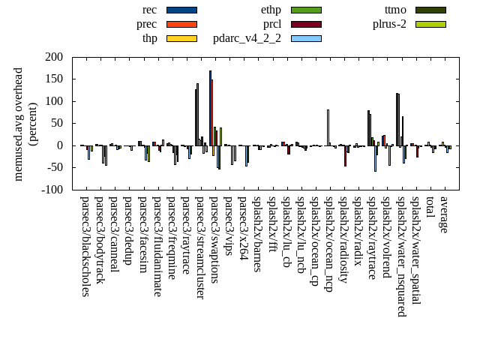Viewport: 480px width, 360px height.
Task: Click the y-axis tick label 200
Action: click(53, 57)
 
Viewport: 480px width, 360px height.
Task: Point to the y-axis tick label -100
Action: click(52, 190)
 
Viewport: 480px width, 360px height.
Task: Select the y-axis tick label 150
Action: click(53, 79)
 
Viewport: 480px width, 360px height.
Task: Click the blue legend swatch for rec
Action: click(181, 10)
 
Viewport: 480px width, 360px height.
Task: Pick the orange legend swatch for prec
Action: click(181, 24)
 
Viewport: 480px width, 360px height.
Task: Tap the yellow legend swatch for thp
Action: click(181, 38)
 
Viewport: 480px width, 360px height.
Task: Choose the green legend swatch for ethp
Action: click(306, 10)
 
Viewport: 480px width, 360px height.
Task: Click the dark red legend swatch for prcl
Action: click(306, 24)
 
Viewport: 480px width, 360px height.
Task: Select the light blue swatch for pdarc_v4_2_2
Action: click(306, 38)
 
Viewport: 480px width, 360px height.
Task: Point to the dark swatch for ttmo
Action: click(430, 10)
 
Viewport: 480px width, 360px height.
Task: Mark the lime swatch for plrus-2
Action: click(430, 24)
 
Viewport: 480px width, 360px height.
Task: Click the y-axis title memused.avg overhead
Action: click(19, 124)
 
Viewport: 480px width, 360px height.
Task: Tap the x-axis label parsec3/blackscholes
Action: click(85, 246)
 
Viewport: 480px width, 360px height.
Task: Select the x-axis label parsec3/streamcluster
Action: click(200, 247)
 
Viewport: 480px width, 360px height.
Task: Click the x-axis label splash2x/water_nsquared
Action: click(401, 254)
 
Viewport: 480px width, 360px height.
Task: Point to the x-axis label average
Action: click(444, 214)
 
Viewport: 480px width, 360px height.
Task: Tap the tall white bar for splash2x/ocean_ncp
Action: click(328, 127)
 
